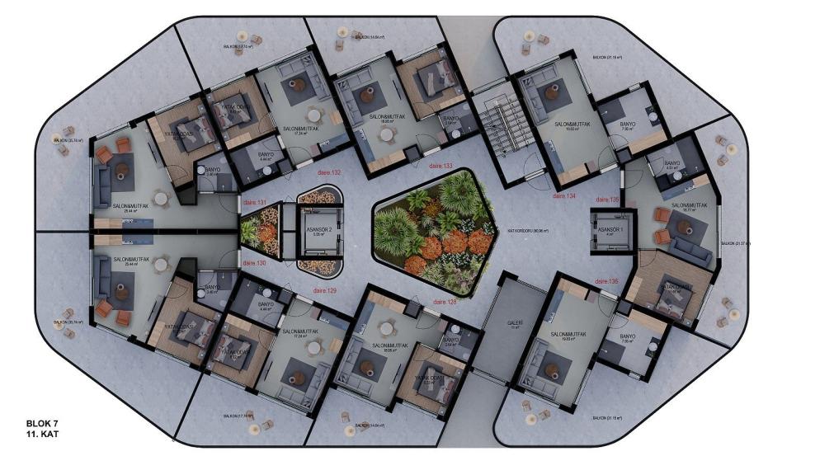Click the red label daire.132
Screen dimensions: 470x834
pyautogui.click(x=329, y=172)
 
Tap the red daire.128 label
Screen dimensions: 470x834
pyautogui.click(x=445, y=302)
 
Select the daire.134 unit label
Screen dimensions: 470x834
pyautogui.click(x=564, y=197)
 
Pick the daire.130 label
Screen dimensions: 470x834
pyautogui.click(x=255, y=263)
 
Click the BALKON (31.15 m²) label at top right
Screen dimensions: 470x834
pyautogui.click(x=607, y=59)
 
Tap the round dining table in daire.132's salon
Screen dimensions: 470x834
pyautogui.click(x=313, y=115)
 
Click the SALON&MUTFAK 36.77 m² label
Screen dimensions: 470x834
pyautogui.click(x=689, y=206)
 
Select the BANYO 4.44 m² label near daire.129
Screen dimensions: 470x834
pyautogui.click(x=266, y=305)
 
